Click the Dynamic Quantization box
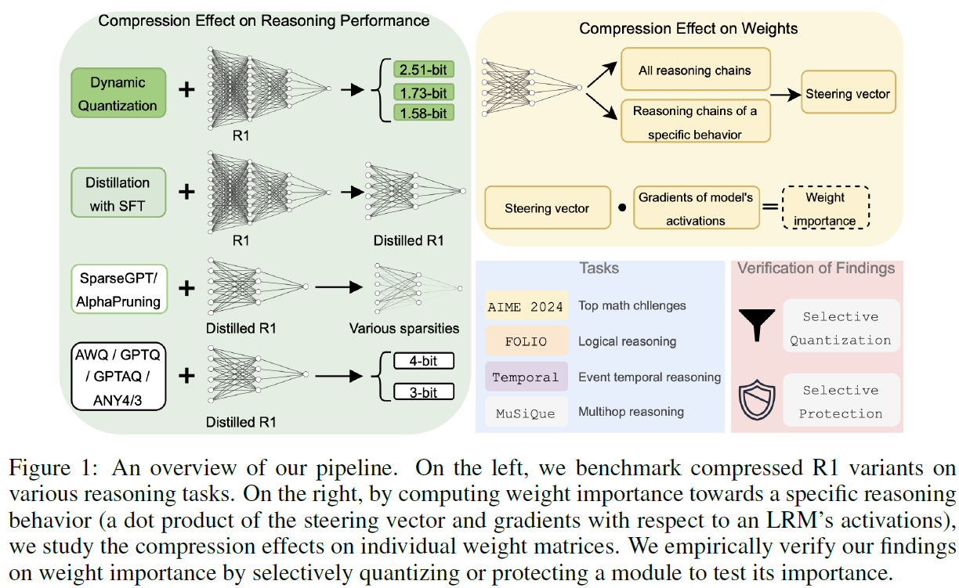(x=118, y=93)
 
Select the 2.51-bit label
(x=423, y=70)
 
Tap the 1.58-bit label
(x=423, y=113)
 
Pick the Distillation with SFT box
(x=118, y=193)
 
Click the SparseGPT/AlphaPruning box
(x=119, y=289)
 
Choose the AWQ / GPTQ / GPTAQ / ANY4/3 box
(x=118, y=376)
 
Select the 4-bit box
(x=423, y=361)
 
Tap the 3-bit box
(x=423, y=391)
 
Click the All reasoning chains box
(x=695, y=70)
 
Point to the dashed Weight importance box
(x=826, y=208)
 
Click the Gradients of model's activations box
(x=696, y=208)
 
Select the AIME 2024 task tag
(x=527, y=305)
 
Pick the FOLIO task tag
(x=527, y=341)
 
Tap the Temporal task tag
(x=527, y=377)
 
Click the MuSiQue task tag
(x=527, y=412)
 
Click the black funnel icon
(x=757, y=324)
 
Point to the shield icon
(x=757, y=400)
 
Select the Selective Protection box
(x=841, y=401)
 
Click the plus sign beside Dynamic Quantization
(x=186, y=90)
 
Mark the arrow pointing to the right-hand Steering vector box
(x=786, y=95)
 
